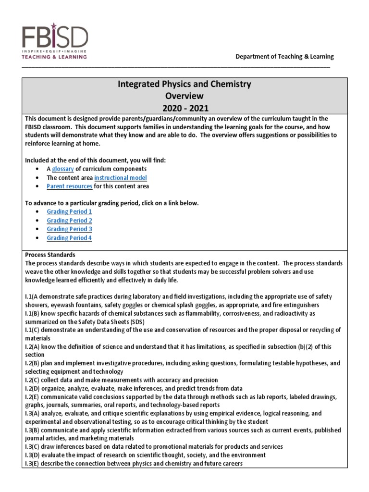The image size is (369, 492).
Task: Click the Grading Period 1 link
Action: pos(69,211)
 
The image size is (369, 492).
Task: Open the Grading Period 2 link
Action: pos(69,221)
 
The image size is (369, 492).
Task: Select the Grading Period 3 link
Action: pos(69,229)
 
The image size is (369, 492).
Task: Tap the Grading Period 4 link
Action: pos(69,238)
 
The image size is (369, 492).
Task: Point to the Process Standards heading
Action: pos(50,254)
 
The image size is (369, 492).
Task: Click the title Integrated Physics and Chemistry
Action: pos(184,84)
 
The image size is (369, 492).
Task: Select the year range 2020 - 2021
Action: pos(184,107)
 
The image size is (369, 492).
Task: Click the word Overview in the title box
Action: pos(184,96)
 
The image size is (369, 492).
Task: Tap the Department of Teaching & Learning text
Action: pos(284,56)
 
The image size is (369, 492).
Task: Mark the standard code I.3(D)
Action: pos(33,455)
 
